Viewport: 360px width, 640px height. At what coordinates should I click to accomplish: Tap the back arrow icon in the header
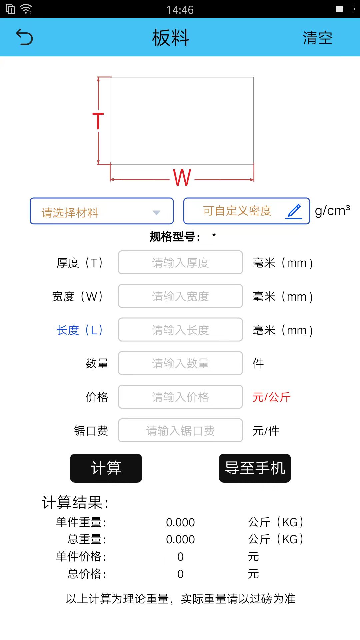click(x=25, y=37)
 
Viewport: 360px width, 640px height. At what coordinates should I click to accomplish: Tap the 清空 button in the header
click(x=317, y=38)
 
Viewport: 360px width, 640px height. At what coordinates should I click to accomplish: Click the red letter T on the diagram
click(x=98, y=121)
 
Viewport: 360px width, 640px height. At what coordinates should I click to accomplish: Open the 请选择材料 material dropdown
click(x=102, y=211)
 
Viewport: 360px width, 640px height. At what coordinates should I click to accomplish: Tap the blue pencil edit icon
click(x=294, y=211)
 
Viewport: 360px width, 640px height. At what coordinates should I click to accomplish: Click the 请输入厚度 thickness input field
click(x=180, y=263)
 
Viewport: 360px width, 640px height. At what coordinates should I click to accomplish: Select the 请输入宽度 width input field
click(x=180, y=296)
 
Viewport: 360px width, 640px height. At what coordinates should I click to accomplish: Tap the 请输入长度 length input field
click(x=180, y=330)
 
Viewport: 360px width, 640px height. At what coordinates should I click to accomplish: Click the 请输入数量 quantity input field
click(x=180, y=363)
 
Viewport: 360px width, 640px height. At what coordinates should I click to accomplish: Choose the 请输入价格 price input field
click(x=180, y=397)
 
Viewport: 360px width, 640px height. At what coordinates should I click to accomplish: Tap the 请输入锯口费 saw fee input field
click(x=180, y=431)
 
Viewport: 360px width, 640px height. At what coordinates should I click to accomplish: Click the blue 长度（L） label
click(x=79, y=330)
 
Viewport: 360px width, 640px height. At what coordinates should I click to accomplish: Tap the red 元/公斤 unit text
click(x=271, y=397)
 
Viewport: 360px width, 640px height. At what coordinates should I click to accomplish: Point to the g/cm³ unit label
click(x=332, y=211)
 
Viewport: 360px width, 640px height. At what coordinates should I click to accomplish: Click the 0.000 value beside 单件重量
click(x=180, y=522)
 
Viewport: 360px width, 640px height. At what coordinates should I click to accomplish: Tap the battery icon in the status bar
click(x=344, y=9)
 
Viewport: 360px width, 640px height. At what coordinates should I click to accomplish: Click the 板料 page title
click(x=171, y=37)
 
